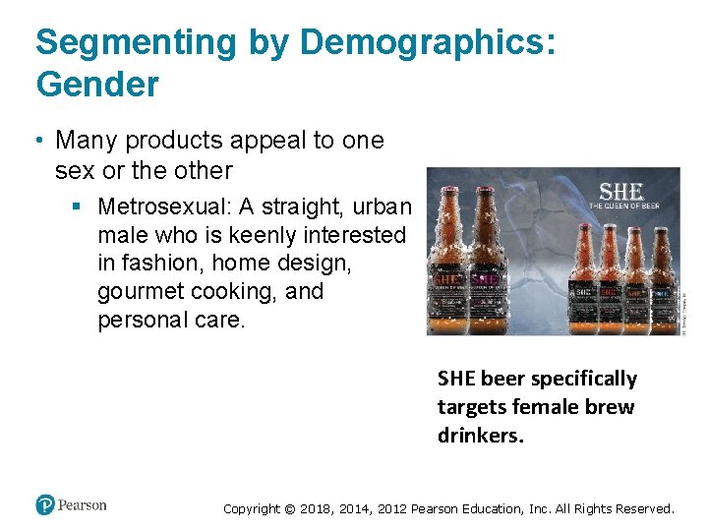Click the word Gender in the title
tap(96, 86)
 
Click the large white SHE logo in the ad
tap(621, 190)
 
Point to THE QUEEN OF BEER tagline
tap(624, 206)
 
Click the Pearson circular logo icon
tap(45, 505)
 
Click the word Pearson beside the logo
tap(82, 505)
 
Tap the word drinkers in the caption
tap(481, 435)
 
